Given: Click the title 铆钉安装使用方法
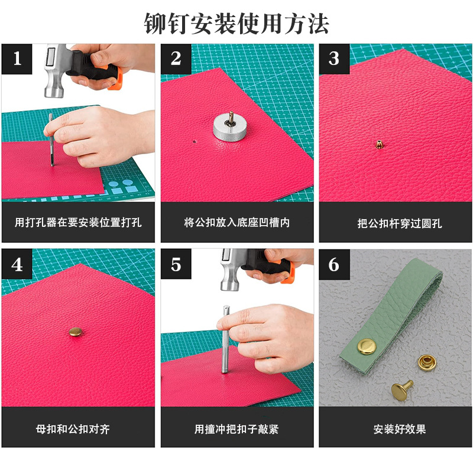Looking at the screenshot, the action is (236, 24).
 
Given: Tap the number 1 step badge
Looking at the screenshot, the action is (17, 58).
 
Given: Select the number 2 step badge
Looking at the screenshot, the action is (176, 58).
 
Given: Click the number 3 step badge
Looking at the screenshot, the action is (334, 58).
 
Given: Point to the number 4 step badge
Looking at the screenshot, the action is (17, 264).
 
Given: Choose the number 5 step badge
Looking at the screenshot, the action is (176, 264).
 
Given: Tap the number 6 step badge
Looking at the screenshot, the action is (334, 264).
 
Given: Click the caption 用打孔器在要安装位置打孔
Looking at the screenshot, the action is (78, 222).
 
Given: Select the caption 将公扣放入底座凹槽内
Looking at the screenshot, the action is (237, 222).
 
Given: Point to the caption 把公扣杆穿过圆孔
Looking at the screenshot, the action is (400, 223).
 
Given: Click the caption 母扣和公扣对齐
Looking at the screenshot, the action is (73, 429).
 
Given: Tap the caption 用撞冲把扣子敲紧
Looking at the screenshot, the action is (236, 429).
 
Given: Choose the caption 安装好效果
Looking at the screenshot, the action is (400, 429).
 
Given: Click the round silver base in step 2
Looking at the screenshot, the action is (229, 128).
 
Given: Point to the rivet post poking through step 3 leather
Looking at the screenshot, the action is (379, 144).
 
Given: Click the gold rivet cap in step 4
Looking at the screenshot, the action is (75, 331).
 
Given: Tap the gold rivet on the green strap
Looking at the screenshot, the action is (367, 347).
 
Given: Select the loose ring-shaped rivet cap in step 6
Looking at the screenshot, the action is (427, 362).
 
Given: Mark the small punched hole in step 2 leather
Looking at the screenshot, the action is (195, 141).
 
